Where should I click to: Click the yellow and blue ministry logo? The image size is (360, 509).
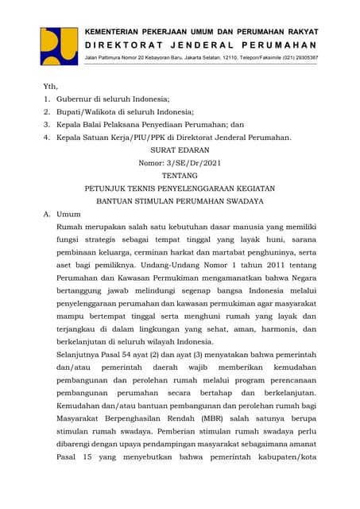[x=59, y=46]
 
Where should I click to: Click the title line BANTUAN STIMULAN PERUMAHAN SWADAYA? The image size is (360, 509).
[x=180, y=201]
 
